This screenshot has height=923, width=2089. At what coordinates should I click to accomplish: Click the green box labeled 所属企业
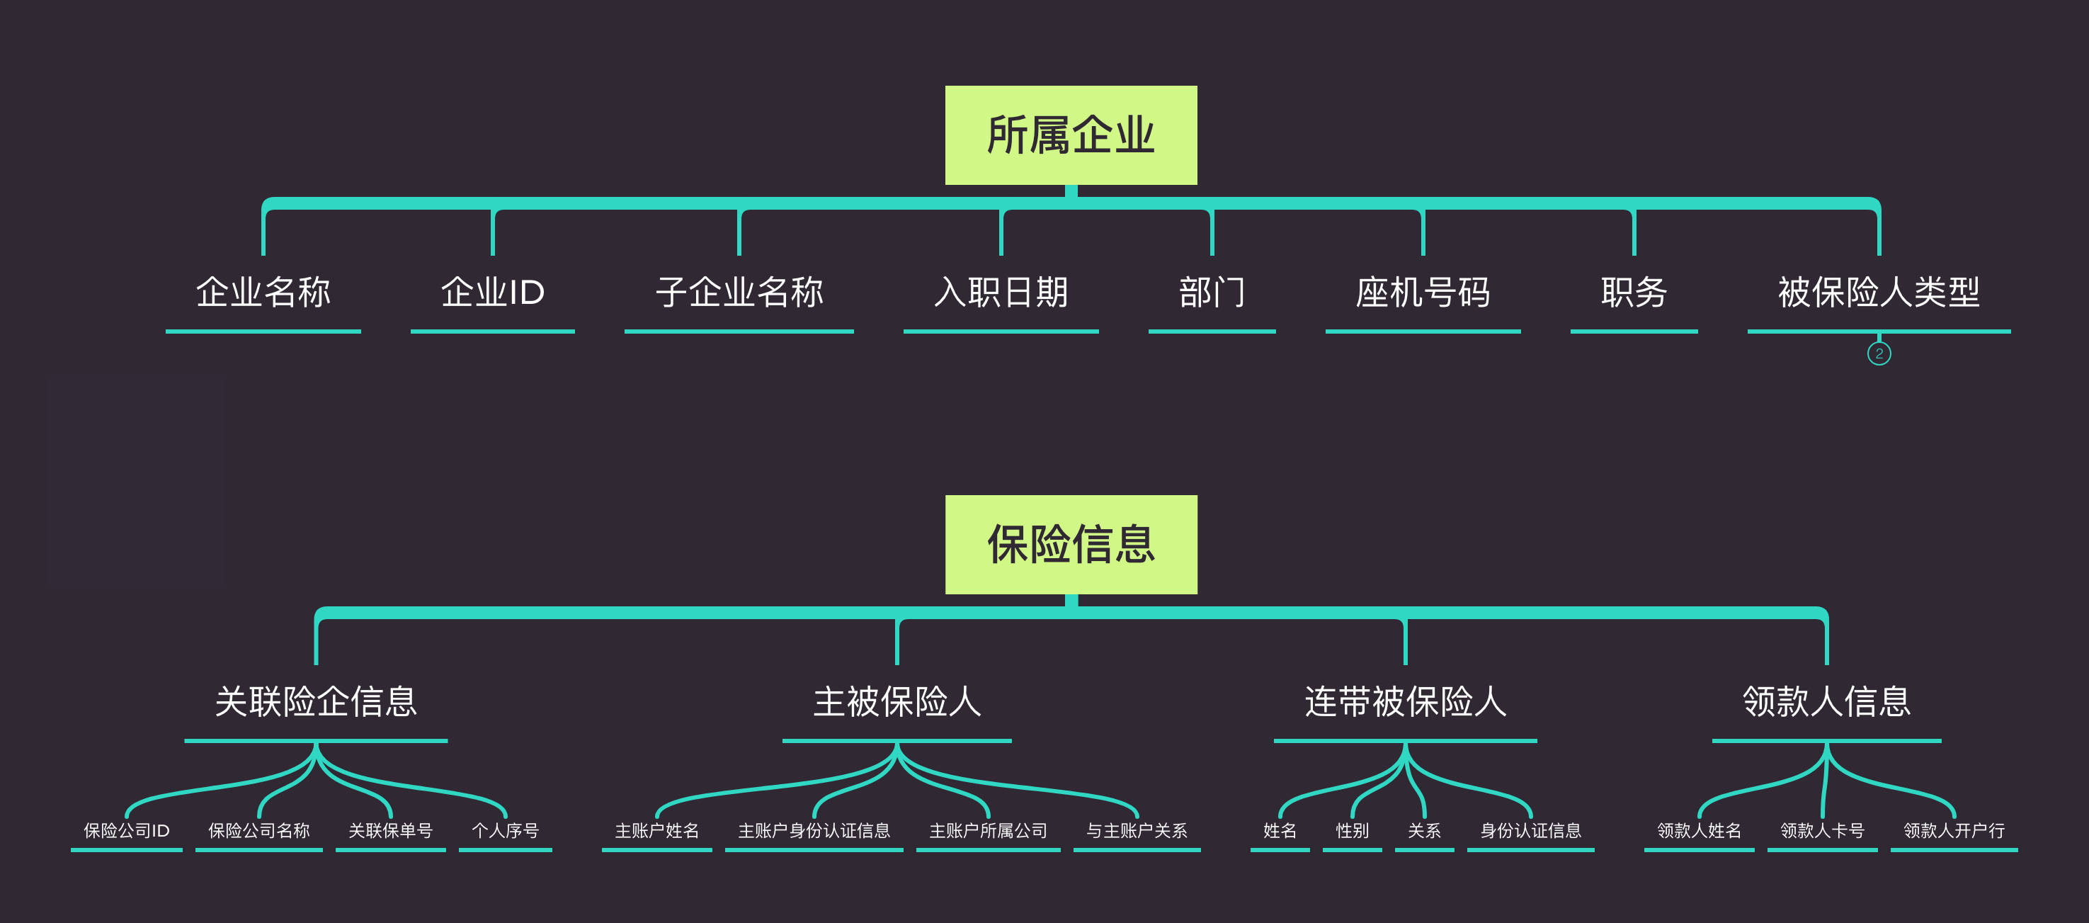click(1071, 135)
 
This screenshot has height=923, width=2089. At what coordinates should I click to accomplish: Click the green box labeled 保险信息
click(1071, 544)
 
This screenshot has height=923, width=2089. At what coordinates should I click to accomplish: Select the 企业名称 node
click(263, 293)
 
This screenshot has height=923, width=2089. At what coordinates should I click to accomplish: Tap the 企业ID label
click(492, 293)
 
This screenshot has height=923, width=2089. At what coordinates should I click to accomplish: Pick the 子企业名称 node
click(739, 293)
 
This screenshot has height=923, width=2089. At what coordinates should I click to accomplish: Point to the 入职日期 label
click(1001, 293)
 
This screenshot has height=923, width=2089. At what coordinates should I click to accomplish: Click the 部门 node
click(1212, 293)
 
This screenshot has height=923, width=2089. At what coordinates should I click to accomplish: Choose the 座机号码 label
click(1423, 293)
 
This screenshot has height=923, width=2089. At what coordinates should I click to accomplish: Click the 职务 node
click(1633, 293)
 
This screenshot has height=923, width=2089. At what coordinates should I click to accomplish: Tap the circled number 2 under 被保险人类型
click(1878, 353)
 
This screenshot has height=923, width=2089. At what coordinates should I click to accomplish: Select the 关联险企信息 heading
click(315, 701)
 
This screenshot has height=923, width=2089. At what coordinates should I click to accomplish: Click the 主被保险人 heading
click(897, 701)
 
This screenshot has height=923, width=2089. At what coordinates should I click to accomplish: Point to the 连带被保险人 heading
click(1404, 701)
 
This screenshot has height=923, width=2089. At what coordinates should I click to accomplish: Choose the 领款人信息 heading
click(1826, 701)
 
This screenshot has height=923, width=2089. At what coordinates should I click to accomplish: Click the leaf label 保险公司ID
click(127, 830)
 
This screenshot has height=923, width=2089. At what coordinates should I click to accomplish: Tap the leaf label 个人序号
click(505, 830)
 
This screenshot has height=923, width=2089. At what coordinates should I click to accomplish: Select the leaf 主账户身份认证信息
click(814, 830)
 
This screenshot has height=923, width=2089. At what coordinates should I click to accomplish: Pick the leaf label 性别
click(1352, 830)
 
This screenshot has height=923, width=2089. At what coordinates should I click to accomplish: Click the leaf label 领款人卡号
click(1821, 830)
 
